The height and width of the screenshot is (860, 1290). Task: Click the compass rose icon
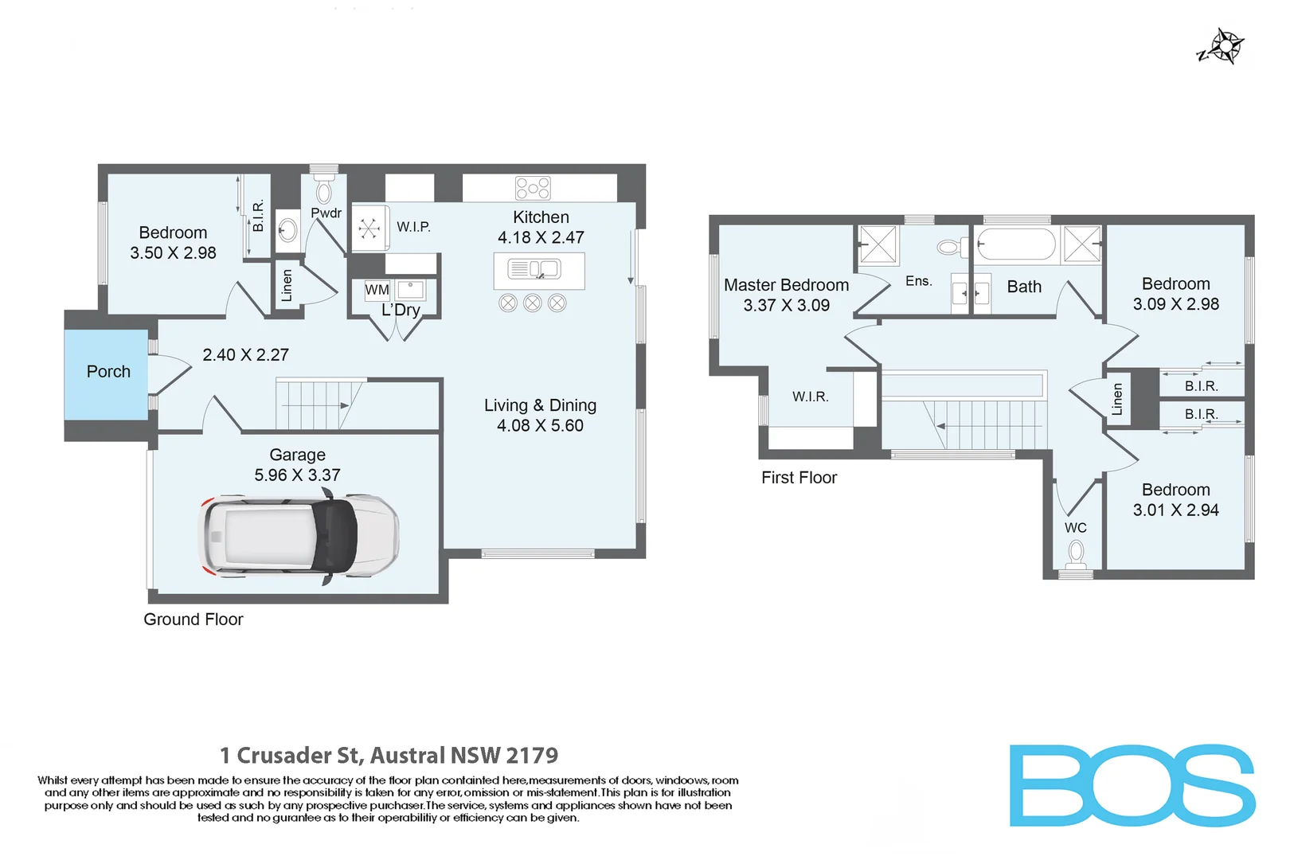coord(1225,46)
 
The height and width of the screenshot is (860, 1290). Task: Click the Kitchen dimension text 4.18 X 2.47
coord(541,237)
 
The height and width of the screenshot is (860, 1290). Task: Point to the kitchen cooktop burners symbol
coord(533,188)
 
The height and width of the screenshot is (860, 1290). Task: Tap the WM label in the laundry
coord(377,290)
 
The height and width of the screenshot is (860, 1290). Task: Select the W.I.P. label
coord(413,227)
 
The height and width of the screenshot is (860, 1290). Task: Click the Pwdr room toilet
coord(324,191)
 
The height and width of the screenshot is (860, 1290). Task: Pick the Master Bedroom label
coord(786,285)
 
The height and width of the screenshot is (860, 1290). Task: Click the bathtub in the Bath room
coord(1016,244)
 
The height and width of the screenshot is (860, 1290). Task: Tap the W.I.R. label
coord(810,397)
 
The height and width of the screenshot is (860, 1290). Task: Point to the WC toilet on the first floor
coord(1076,553)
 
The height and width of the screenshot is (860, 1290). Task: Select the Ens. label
coord(918,281)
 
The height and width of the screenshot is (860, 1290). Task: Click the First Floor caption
coord(799,478)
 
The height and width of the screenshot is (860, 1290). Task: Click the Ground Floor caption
coord(193,620)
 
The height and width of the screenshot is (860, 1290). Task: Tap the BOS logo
coord(1132,786)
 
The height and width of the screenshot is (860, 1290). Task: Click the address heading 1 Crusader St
coord(389,755)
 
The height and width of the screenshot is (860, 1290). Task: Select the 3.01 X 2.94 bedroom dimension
coord(1175,510)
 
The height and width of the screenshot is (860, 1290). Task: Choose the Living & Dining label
coord(540,405)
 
